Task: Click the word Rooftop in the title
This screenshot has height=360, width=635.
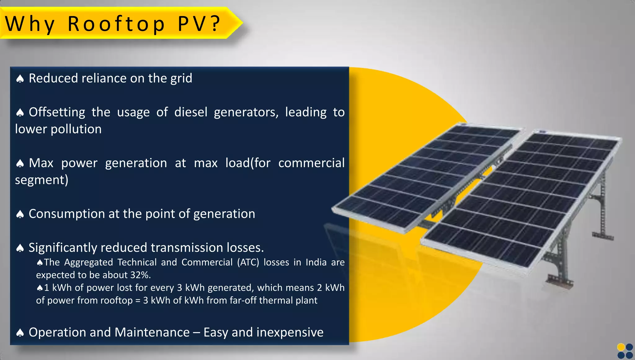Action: pyautogui.click(x=117, y=24)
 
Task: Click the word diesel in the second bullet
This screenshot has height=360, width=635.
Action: pyautogui.click(x=190, y=112)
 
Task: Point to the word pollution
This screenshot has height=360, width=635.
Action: pyautogui.click(x=76, y=129)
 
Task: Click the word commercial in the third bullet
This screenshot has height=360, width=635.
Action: pyautogui.click(x=311, y=163)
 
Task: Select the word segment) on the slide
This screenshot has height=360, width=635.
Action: pyautogui.click(x=42, y=180)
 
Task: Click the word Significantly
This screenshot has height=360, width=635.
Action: pyautogui.click(x=63, y=248)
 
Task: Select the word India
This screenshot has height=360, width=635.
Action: pyautogui.click(x=316, y=262)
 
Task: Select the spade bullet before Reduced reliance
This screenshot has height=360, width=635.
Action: pyautogui.click(x=20, y=79)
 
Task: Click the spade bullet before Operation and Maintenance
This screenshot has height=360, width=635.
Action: pyautogui.click(x=20, y=333)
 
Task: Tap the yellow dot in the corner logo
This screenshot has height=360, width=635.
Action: pyautogui.click(x=621, y=347)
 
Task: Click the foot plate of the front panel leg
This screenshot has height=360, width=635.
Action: pyautogui.click(x=560, y=281)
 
